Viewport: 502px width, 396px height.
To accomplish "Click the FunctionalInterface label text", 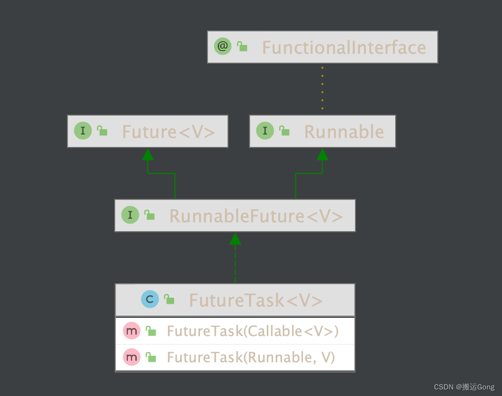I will (344, 48).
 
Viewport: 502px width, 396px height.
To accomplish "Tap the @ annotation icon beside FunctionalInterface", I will (223, 46).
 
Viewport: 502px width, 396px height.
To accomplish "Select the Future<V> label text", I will (169, 132).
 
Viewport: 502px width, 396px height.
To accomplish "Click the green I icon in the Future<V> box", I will (83, 131).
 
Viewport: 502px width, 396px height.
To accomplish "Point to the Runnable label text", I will (344, 132).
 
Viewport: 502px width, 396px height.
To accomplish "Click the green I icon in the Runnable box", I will (265, 131).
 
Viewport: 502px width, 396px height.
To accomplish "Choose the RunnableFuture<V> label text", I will (256, 216).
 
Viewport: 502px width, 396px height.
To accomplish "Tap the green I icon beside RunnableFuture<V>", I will (130, 215).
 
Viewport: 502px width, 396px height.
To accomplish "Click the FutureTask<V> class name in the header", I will (256, 301).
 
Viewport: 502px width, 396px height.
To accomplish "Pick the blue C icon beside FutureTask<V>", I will (150, 299).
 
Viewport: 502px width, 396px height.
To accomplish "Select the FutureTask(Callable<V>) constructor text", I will (252, 331).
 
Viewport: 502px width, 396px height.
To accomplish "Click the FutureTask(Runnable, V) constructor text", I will (251, 358).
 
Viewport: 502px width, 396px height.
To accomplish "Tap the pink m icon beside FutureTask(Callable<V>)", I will (132, 331).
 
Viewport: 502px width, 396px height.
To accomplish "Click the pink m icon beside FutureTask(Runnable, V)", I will (132, 357).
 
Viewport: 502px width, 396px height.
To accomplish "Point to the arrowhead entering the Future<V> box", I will (148, 154).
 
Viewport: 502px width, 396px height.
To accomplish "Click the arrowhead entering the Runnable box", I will (322, 154).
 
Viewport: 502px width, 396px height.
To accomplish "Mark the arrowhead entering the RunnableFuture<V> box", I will (235, 239).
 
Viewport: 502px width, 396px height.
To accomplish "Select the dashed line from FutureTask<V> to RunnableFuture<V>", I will (235, 264).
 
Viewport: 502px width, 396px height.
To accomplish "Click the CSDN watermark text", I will (464, 387).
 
